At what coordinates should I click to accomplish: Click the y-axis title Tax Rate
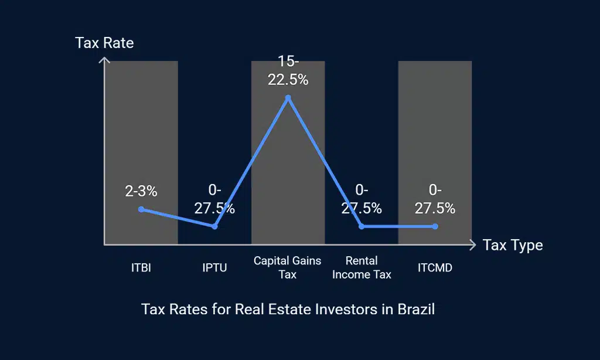104,43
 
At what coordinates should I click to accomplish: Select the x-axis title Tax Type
513,245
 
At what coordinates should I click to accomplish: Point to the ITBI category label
141,268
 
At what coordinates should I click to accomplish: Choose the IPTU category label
214,268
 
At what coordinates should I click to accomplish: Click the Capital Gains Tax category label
288,267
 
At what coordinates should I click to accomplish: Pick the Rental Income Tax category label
362,267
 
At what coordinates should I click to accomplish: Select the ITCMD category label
435,268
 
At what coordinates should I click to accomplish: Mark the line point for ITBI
141,209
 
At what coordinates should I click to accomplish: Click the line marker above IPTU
214,226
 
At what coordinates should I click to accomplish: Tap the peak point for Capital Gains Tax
288,98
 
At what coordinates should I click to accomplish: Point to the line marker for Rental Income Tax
362,226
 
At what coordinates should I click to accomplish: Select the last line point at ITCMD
435,226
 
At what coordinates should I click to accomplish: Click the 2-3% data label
141,191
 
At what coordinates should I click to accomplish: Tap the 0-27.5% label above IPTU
214,199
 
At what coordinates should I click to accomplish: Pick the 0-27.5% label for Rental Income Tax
362,199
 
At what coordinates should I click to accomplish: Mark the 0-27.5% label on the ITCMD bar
435,199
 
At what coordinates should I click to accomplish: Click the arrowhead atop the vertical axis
104,60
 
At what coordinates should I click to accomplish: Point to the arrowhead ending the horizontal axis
472,244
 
